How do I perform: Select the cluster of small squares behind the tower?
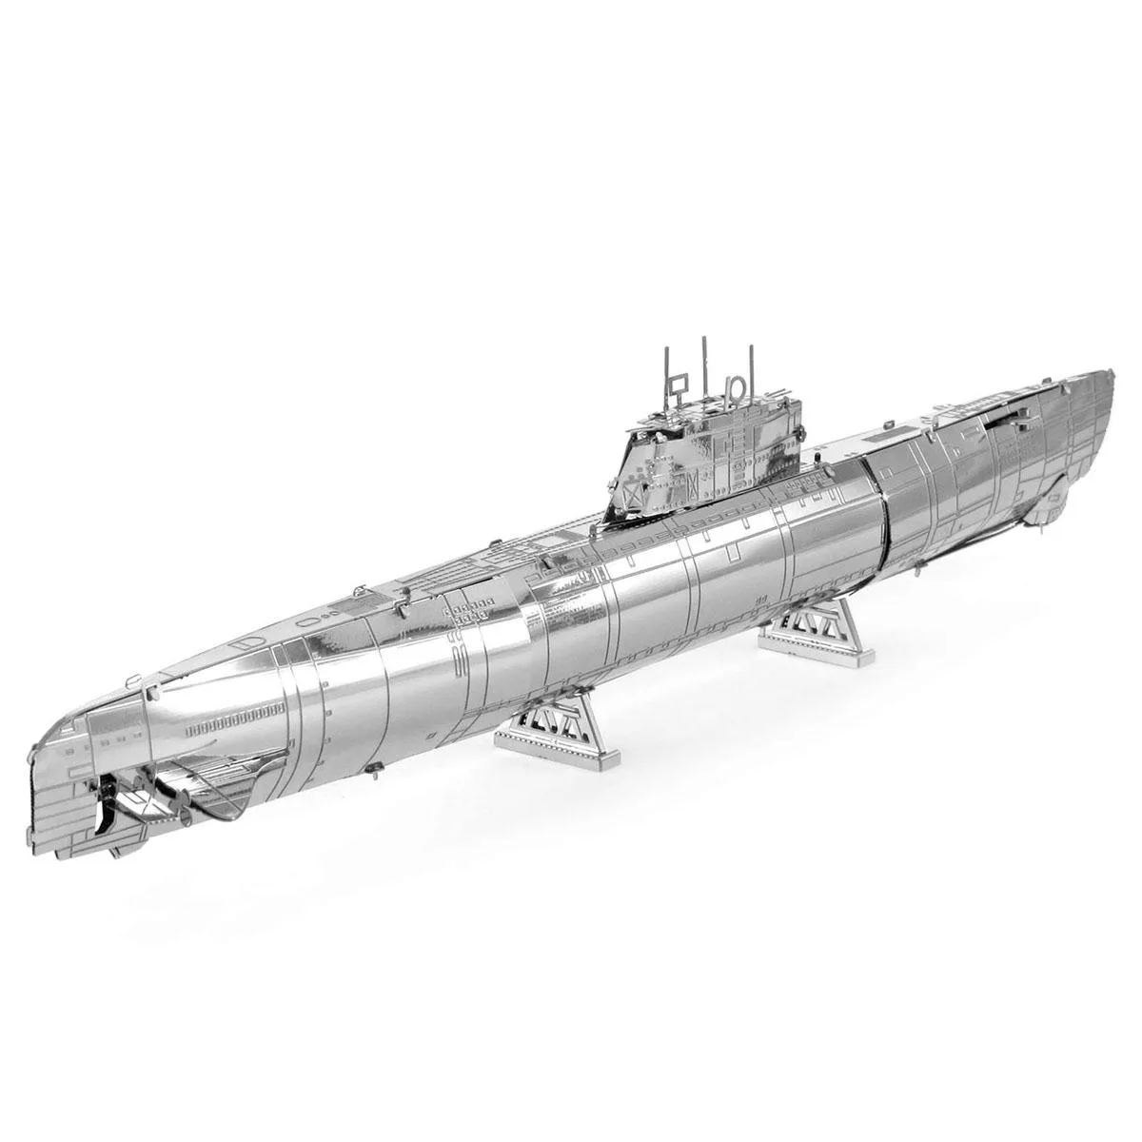pos(466,609)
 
